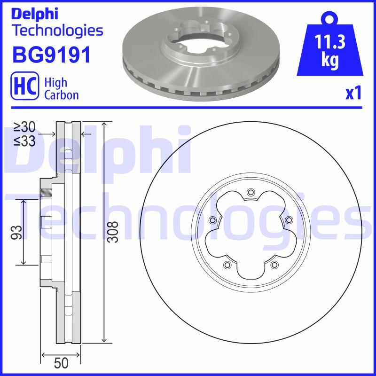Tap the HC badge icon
click(x=24, y=88)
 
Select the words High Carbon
click(x=61, y=88)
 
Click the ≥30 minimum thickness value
click(x=24, y=127)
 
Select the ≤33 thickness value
click(x=24, y=141)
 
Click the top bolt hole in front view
click(x=251, y=191)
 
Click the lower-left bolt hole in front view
click(x=227, y=266)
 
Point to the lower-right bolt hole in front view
click(x=274, y=266)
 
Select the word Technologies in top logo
click(x=57, y=31)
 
